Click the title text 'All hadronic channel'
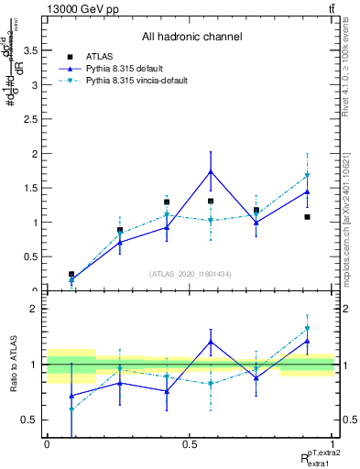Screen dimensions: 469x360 coord(191,38)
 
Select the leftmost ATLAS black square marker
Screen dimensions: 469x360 coord(71,274)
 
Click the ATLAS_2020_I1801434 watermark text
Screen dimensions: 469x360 coord(191,275)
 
